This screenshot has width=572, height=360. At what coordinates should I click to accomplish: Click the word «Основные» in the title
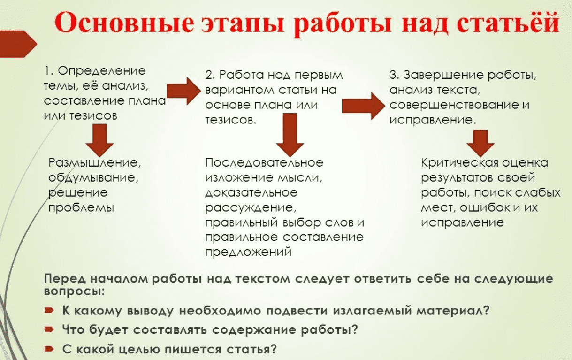[x=124, y=23]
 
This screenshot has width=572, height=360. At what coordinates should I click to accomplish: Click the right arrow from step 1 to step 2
[x=184, y=91]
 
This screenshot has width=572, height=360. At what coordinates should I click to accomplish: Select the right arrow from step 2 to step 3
[x=363, y=106]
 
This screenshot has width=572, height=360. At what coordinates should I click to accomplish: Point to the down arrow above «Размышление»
[x=99, y=140]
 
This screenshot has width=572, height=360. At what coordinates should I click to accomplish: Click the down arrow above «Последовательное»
[x=290, y=135]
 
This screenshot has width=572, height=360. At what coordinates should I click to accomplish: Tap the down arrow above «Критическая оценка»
[x=480, y=143]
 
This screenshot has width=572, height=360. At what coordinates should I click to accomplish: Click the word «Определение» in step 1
[x=102, y=71]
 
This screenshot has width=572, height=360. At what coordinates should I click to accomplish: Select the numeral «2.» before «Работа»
[x=210, y=75]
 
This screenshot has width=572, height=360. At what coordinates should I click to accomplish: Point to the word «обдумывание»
[x=93, y=177]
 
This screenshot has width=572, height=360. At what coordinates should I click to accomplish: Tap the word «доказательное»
[x=251, y=192]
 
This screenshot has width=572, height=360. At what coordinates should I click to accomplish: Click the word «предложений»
[x=248, y=253]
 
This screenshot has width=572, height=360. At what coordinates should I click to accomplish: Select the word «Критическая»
[x=460, y=163]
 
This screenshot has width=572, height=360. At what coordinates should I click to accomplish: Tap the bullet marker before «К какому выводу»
[x=49, y=310]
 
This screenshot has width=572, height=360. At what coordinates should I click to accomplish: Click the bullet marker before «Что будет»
[x=49, y=329]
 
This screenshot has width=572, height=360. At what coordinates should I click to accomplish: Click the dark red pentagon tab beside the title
[x=18, y=44]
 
